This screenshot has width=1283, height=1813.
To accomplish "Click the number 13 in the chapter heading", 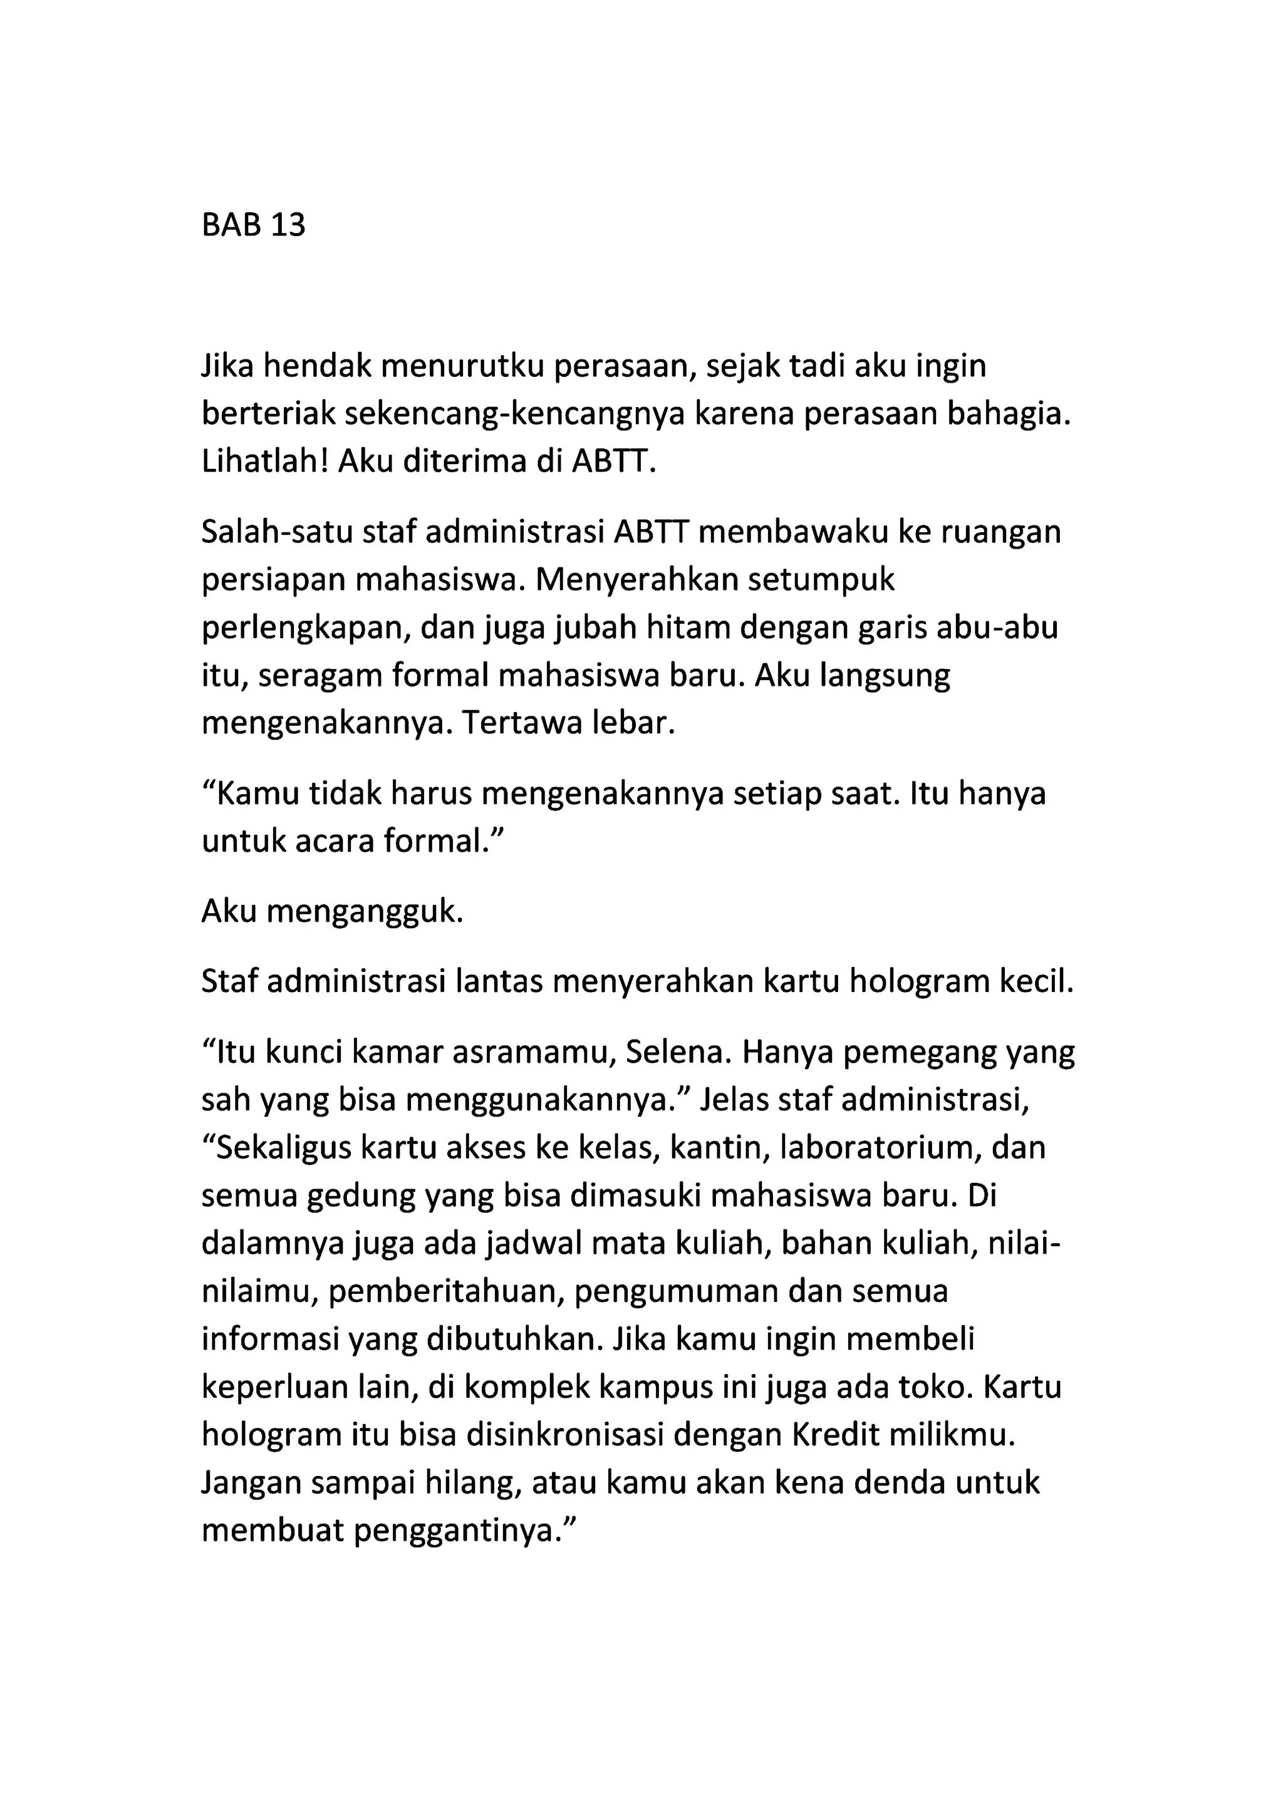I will [x=288, y=226].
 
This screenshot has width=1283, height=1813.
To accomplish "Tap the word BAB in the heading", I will [x=231, y=226].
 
